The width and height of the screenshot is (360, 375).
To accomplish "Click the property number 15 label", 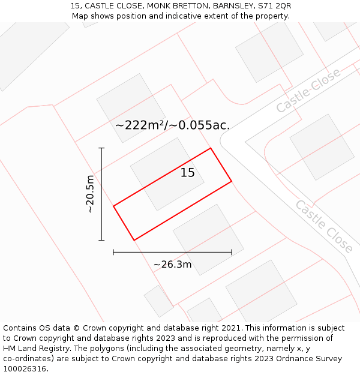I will tap(188, 173).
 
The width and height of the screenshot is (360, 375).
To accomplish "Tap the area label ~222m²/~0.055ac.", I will tap(172, 125).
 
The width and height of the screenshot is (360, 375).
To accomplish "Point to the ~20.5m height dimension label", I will tap(90, 194).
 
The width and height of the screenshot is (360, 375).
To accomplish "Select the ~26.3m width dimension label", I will tap(172, 265).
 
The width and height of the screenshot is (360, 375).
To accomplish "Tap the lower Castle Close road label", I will tap(323, 226).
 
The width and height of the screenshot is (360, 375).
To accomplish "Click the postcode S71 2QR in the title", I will tap(275, 6).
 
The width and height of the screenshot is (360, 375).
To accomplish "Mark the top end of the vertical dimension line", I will tap(101, 148).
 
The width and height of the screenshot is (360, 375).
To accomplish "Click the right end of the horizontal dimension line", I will tap(232, 253).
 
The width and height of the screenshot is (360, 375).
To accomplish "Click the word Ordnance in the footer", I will tap(290, 359).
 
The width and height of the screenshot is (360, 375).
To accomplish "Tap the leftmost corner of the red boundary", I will tap(113, 206).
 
